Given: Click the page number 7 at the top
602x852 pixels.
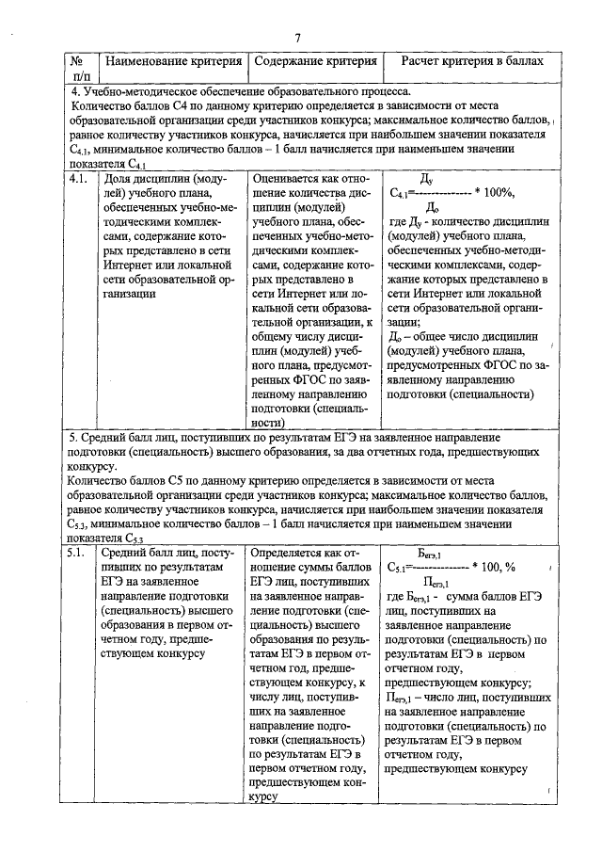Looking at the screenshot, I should (x=296, y=38).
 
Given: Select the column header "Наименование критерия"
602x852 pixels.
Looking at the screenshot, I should (x=173, y=61).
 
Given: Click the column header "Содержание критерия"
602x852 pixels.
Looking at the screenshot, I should (x=315, y=61).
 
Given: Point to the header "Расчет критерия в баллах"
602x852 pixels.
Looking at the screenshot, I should (x=472, y=61).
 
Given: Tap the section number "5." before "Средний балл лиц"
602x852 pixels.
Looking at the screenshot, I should (x=75, y=438).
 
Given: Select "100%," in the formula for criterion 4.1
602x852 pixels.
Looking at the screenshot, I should (x=496, y=193).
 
